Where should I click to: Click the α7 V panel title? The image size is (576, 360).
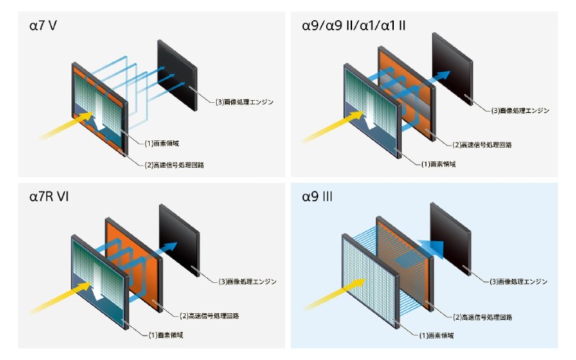click(43, 26)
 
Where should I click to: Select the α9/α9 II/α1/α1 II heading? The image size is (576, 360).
click(354, 26)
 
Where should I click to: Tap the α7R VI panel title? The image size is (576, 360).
click(49, 197)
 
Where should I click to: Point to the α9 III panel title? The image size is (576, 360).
click(317, 197)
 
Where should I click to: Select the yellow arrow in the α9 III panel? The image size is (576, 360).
click(334, 294)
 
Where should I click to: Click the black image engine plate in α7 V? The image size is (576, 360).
click(177, 76)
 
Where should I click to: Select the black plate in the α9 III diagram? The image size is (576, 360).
click(451, 239)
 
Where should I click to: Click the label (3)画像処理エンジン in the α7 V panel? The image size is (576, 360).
click(244, 102)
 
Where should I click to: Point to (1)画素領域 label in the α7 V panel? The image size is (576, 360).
click(161, 143)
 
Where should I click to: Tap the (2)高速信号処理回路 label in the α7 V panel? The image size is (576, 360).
click(174, 165)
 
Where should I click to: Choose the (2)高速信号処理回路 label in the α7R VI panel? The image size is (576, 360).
click(210, 315)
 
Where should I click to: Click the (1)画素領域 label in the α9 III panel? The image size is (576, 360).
click(436, 336)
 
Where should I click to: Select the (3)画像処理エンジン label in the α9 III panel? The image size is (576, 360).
click(518, 282)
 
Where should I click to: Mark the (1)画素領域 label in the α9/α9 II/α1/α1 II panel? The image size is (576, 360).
click(438, 164)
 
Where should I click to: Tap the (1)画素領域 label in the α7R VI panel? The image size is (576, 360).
click(166, 335)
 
